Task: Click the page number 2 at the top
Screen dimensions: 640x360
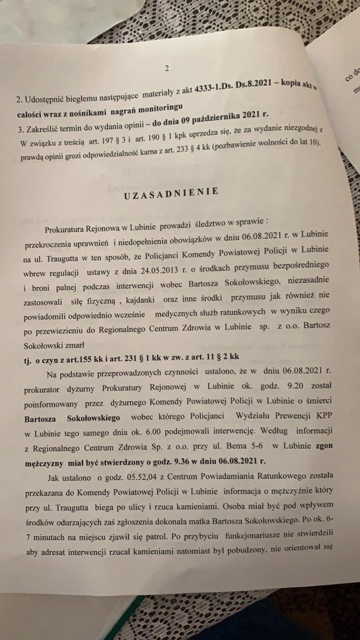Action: coord(167,69)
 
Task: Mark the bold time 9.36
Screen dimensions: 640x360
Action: coord(165,461)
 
